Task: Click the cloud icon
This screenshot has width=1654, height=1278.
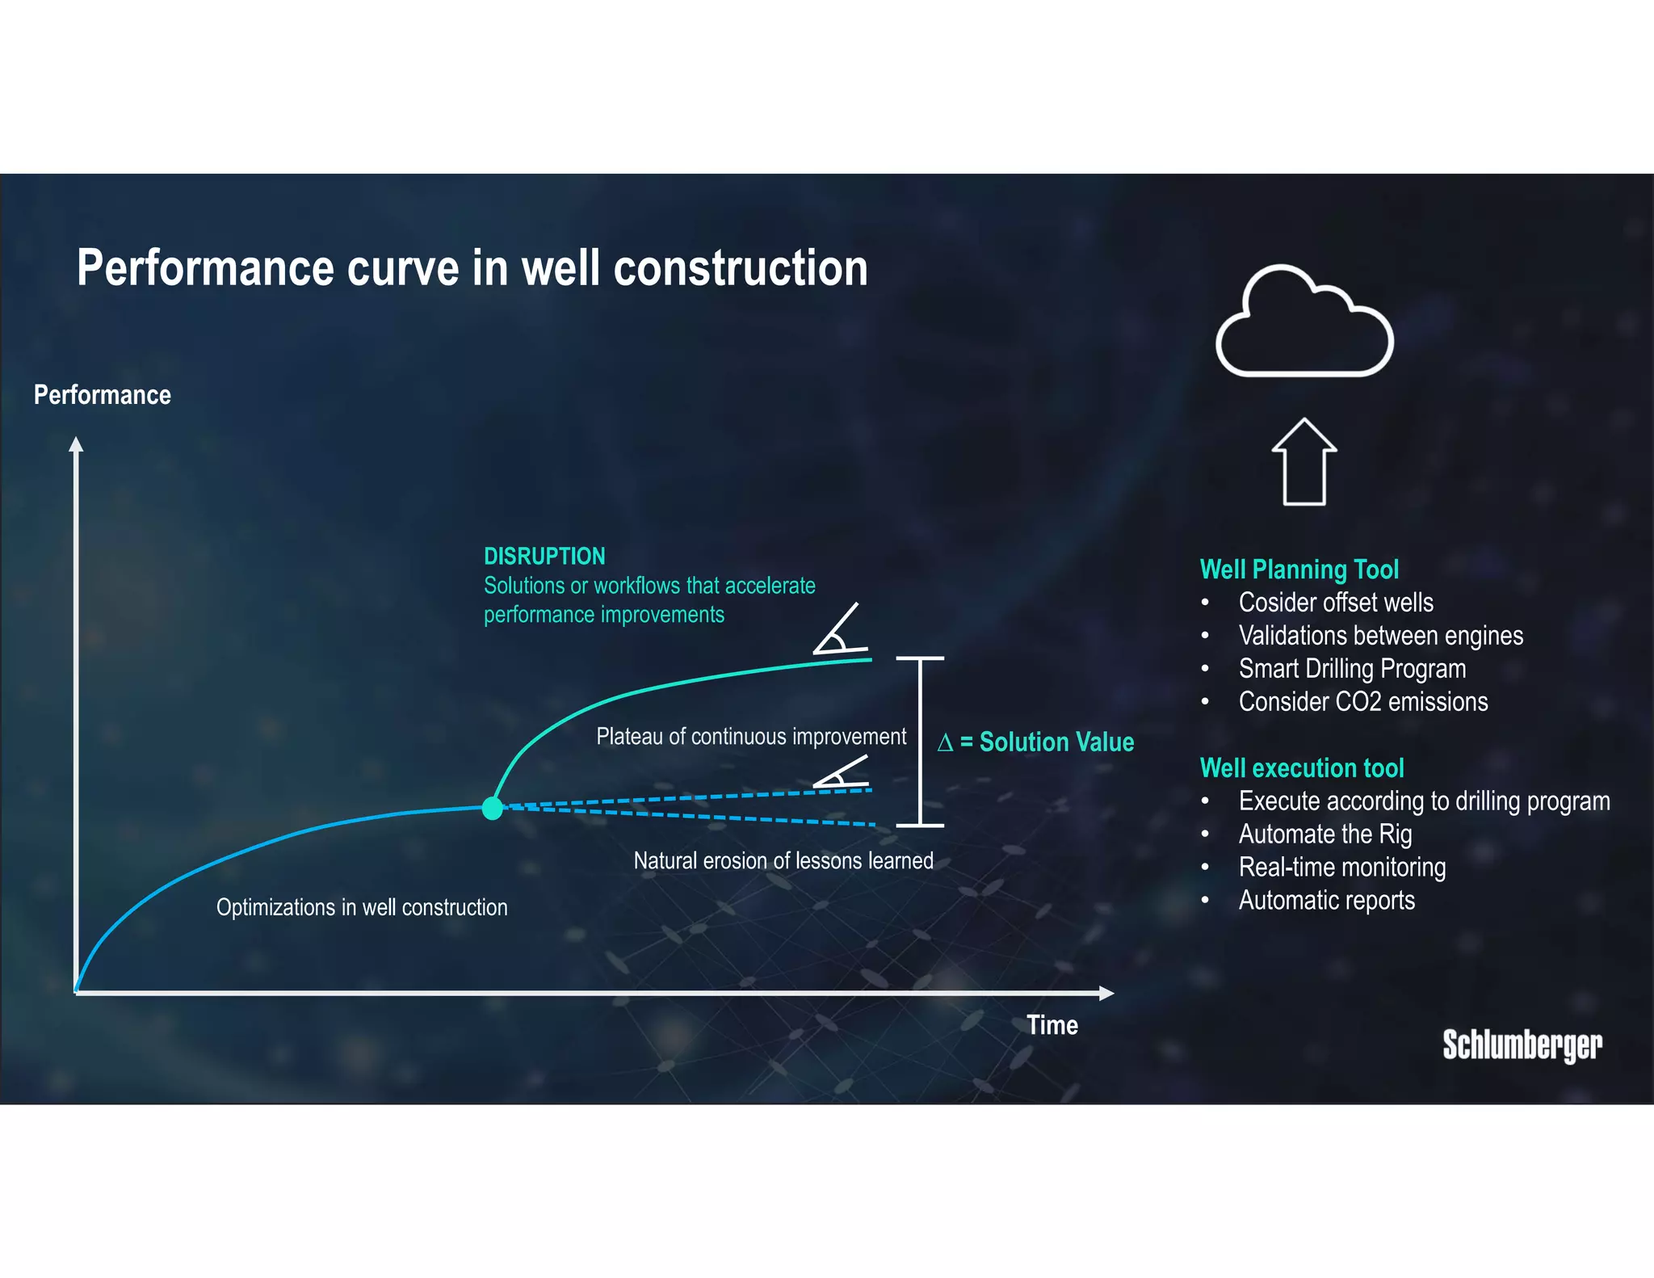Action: tap(1303, 323)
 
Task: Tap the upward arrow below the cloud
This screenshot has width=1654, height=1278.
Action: tap(1303, 462)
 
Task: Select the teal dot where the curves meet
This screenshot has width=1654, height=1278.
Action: tap(492, 808)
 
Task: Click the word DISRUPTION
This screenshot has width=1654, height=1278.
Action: tap(544, 556)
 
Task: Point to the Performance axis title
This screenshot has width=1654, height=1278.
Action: tap(102, 395)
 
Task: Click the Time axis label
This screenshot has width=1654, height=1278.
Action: tap(1052, 1025)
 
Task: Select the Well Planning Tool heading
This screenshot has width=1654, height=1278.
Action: tap(1299, 570)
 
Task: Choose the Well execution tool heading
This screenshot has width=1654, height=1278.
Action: tap(1301, 767)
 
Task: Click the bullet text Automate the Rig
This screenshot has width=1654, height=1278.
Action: tap(1324, 834)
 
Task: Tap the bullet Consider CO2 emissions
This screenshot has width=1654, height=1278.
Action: tap(1362, 701)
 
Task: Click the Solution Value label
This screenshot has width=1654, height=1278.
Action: tap(1036, 742)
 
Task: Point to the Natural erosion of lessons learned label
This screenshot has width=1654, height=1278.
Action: tap(783, 860)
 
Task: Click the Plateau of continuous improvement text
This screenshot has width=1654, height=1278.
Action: tap(750, 737)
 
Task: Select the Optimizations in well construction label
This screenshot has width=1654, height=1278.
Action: tap(362, 907)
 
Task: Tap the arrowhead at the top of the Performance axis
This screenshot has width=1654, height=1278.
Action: tap(76, 444)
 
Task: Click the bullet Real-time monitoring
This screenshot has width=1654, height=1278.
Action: tap(1341, 867)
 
